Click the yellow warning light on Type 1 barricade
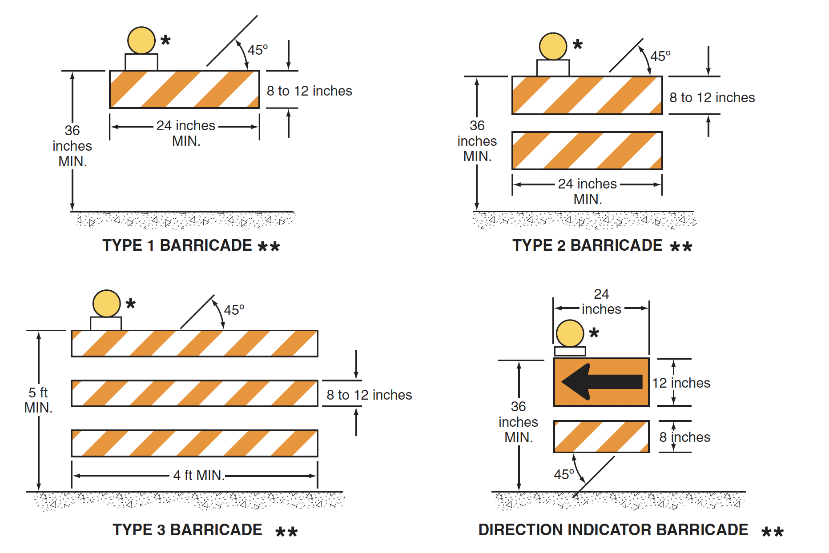pos(141,40)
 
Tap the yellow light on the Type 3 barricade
pos(106,304)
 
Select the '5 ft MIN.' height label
pos(38,400)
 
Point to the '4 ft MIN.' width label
pos(198,475)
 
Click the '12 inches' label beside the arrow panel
pos(681,383)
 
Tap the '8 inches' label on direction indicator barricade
pos(684,437)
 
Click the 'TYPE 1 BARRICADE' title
pos(177,245)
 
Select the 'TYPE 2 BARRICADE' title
pos(587,245)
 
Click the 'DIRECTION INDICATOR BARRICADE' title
pos(613,529)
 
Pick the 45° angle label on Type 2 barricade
pos(660,56)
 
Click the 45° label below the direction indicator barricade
pos(563,474)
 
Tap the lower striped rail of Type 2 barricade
pos(587,151)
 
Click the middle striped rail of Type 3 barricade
pos(194,393)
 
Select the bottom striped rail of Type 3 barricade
pos(194,443)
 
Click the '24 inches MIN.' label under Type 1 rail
pos(186,133)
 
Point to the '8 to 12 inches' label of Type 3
pos(369,395)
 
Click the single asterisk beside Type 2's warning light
pos(577,44)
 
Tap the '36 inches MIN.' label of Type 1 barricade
pos(72,146)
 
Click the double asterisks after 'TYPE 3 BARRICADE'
pos(286,531)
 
